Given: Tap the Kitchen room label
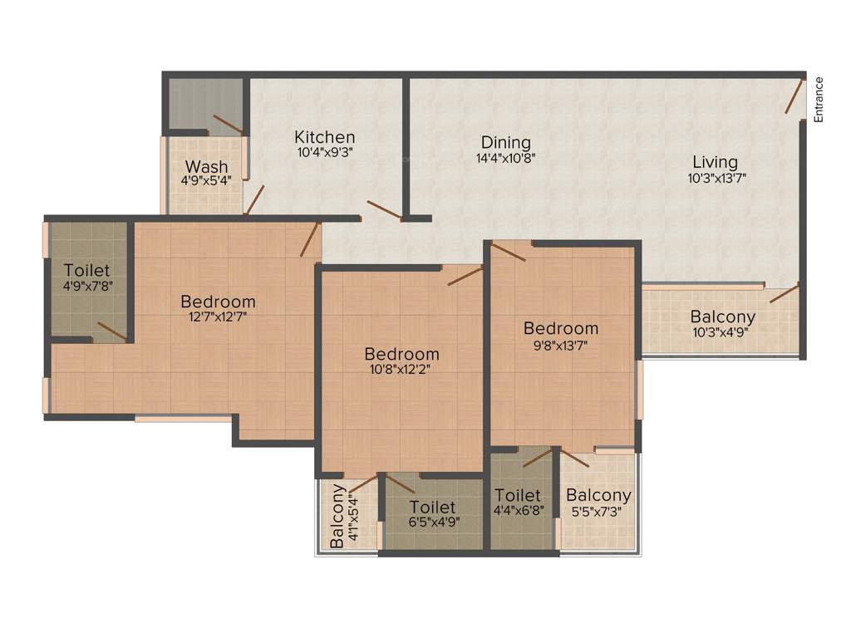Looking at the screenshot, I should pos(325,137).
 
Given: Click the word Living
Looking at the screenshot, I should pos(716,162).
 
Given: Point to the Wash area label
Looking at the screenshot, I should pos(207,166).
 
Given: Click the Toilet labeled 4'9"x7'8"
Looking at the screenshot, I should pos(87,271).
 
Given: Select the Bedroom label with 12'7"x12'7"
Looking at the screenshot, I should pos(218,302).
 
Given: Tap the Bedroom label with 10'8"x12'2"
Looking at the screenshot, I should pos(401,354).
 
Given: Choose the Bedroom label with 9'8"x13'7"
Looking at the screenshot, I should pos(561,328).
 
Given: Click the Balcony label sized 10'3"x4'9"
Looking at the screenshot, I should pos(723,317).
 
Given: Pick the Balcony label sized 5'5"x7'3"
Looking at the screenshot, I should pos(598,495).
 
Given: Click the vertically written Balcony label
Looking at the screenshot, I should pos(338,516).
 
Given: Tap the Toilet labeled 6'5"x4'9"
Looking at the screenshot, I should pos(432,507).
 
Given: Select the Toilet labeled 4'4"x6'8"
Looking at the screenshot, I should pos(517,496).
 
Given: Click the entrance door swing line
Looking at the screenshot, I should pos(794,96).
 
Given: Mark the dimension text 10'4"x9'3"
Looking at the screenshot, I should pos(325,153).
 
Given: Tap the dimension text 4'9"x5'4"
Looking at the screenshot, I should pos(207,180).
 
